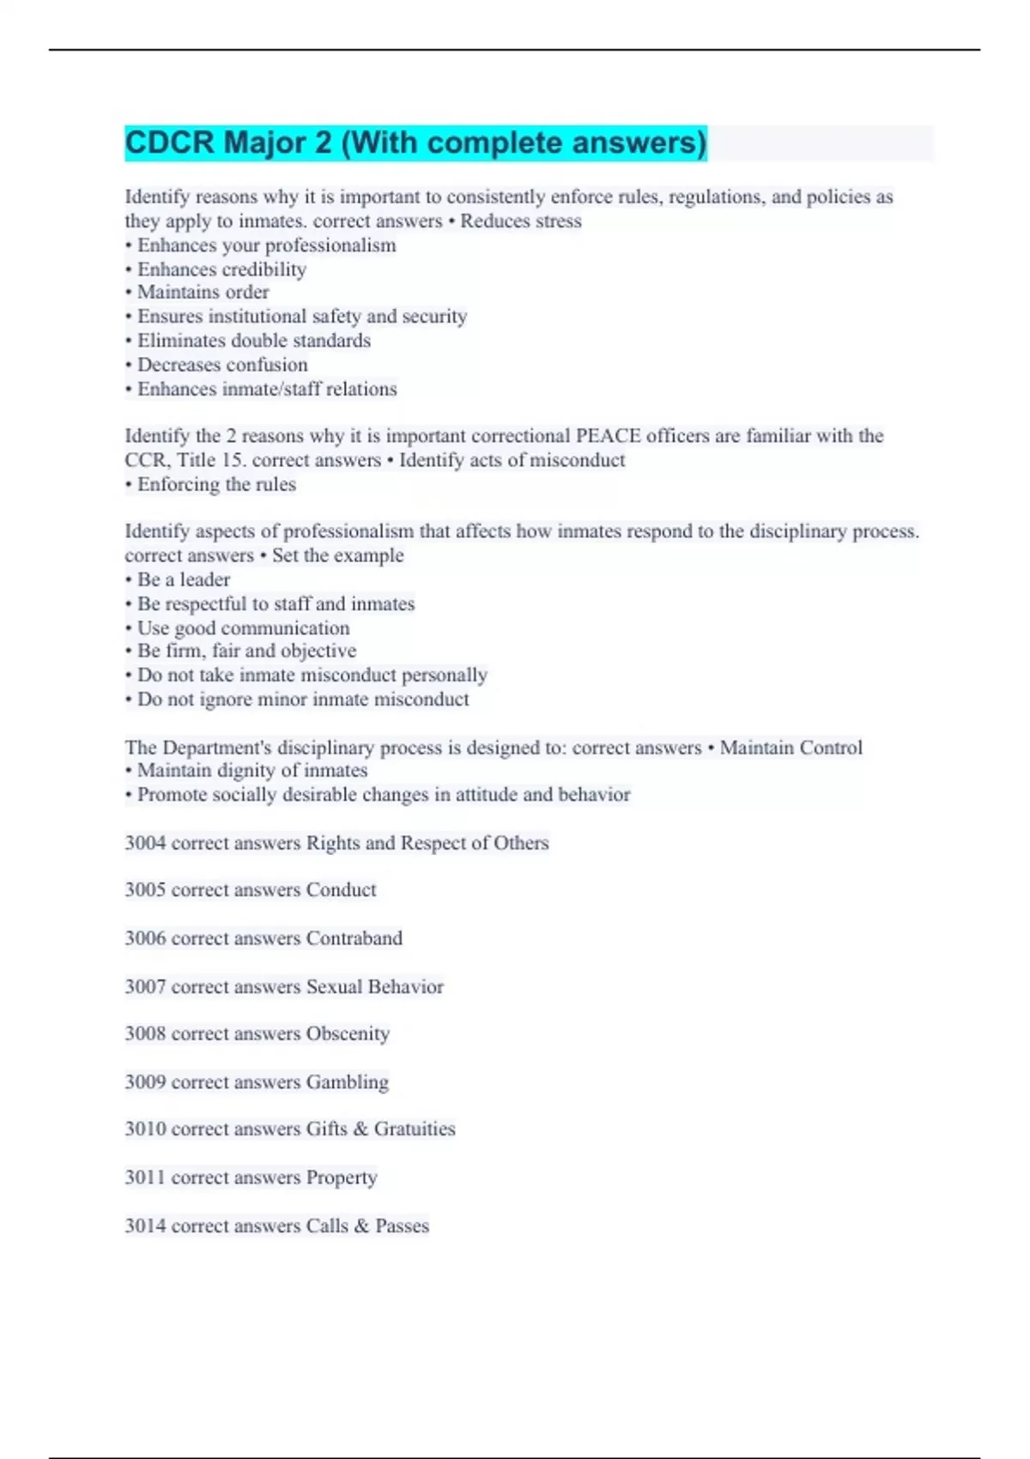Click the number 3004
coord(145,843)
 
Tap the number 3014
coord(145,1226)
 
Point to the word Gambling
coord(347,1082)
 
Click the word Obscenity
coord(348,1034)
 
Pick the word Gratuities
coord(415,1129)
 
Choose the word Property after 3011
coord(341,1177)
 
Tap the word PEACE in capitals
coord(608,436)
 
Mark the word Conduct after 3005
coord(341,890)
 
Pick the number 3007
coord(145,987)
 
